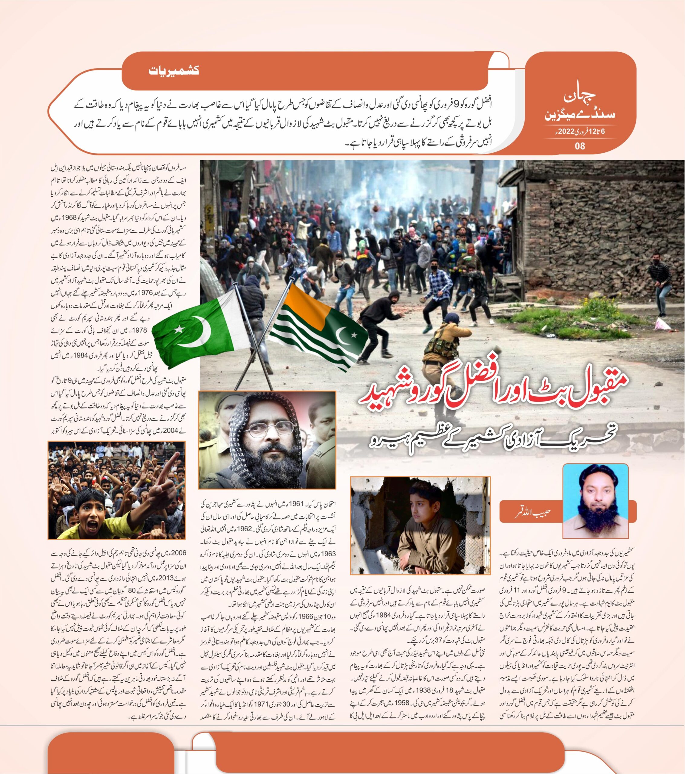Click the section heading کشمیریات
(x=174, y=71)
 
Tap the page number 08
(x=580, y=145)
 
